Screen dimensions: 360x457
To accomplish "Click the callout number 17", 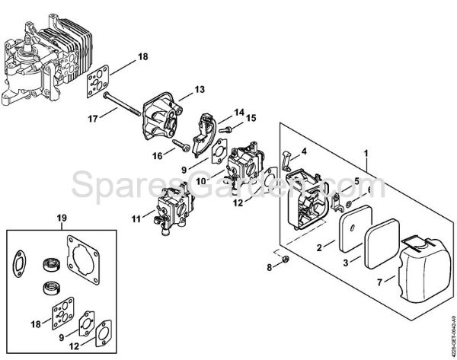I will point(92,119).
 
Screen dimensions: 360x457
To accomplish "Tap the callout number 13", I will point(200,90).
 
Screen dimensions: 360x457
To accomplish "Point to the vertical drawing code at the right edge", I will point(449,320).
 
